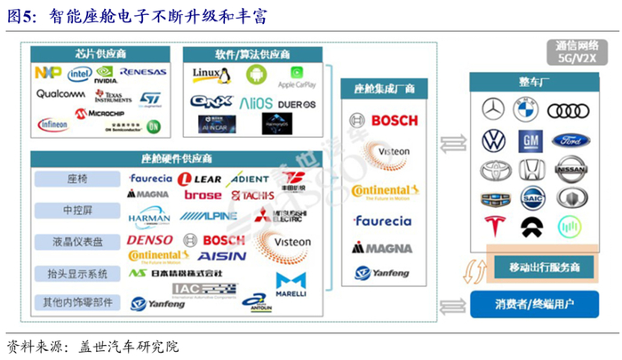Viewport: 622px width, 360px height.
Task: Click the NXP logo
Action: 48,73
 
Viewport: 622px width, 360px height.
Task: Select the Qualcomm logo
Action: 60,93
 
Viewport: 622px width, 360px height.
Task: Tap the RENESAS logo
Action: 142,71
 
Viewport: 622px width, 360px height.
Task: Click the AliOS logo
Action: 256,103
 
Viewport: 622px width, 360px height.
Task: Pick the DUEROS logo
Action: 297,104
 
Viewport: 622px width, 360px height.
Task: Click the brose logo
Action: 203,195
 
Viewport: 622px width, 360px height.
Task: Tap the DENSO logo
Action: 150,240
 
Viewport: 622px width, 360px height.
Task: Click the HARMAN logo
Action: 148,216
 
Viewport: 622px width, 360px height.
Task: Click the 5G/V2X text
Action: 575,60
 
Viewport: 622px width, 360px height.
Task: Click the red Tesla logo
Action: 491,227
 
